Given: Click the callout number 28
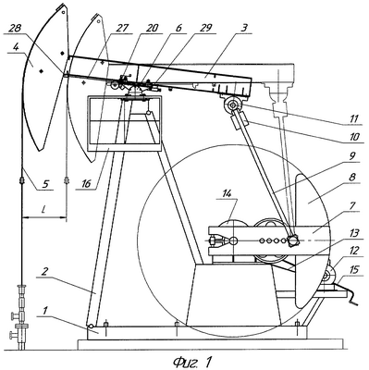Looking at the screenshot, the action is [15, 30].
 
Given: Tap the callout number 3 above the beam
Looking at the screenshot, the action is [244, 28].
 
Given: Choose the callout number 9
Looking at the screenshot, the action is [353, 156].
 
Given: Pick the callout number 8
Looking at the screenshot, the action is [352, 178].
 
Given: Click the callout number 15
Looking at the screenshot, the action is [353, 270].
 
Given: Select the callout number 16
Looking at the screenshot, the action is [86, 184].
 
